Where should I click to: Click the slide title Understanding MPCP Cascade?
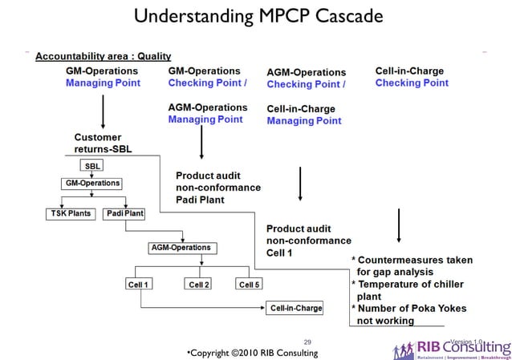tap(255, 16)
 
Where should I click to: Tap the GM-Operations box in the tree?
tap(91, 183)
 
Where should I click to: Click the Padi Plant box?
tap(124, 214)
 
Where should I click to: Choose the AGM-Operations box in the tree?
tap(181, 248)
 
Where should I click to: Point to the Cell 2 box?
tap(197, 284)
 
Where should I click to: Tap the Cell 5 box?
tap(250, 284)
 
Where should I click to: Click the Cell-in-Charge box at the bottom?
tap(296, 308)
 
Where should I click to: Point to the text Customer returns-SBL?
tap(103, 143)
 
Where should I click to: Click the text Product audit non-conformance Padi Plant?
tap(218, 187)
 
